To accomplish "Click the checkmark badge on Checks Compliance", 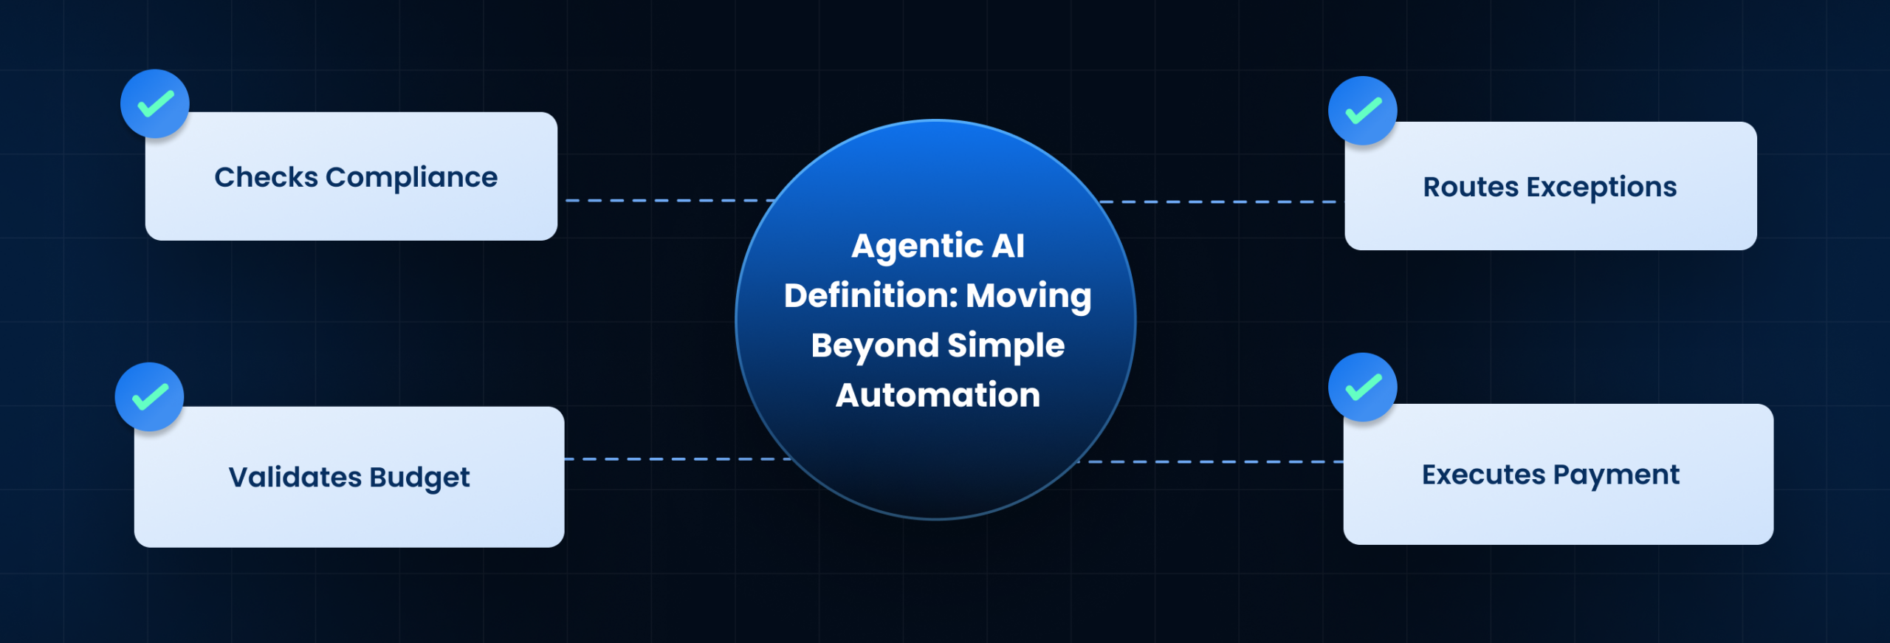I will [x=155, y=104].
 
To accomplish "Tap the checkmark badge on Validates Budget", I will [x=150, y=397].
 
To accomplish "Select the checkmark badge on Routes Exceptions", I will [x=1362, y=111].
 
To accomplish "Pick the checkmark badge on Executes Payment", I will [x=1362, y=388].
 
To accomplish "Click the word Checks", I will [x=266, y=177].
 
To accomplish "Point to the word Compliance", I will [x=411, y=178].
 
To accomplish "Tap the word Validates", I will [x=295, y=477].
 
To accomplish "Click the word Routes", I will [x=1471, y=187].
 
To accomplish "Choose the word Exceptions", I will [x=1601, y=188].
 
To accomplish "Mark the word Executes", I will [x=1483, y=475].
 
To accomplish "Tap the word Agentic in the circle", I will [x=916, y=247].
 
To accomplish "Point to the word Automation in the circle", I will [x=938, y=395].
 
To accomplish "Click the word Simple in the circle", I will [x=1006, y=345].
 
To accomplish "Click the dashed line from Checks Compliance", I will [x=664, y=200].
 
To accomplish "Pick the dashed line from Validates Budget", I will [x=676, y=459].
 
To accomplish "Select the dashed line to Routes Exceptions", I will [x=1218, y=202].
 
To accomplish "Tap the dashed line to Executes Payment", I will [x=1211, y=462].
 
